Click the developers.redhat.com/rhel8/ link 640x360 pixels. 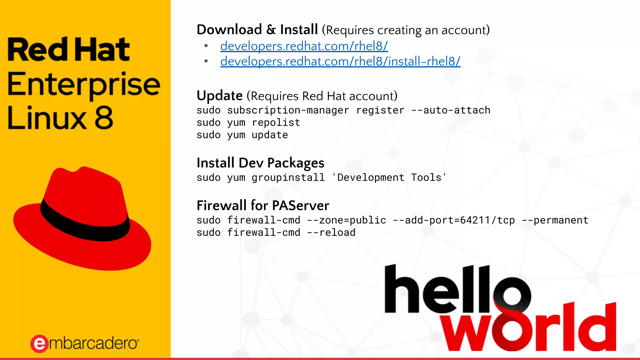coord(304,46)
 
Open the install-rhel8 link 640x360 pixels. coord(340,62)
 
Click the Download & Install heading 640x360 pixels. coord(257,30)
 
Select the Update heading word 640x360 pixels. coord(219,96)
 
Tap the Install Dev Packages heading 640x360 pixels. coord(260,163)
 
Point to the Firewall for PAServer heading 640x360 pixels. coord(262,206)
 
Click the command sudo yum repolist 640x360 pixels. coord(248,122)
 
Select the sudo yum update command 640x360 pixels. coord(242,135)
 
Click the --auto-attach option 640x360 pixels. coord(451,110)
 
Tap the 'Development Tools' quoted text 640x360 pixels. coord(389,177)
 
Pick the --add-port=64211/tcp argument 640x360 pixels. coord(453,220)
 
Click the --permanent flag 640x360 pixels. coord(555,220)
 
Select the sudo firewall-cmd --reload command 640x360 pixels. coord(276,232)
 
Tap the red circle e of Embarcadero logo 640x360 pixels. coord(39,344)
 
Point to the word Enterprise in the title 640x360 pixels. coord(83,84)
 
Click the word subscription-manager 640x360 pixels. coord(288,110)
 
